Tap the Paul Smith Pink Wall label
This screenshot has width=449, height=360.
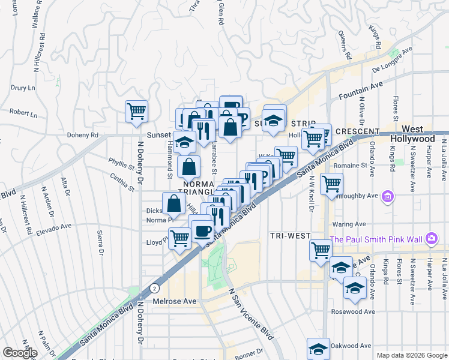[378, 239]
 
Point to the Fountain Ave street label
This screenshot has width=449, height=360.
[360, 91]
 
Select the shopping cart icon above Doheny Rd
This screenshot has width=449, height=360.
[136, 111]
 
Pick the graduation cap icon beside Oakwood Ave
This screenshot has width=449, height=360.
[318, 349]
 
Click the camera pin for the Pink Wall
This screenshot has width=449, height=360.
[432, 239]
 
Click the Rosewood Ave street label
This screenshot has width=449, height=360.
[353, 311]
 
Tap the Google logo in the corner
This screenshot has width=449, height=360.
[20, 352]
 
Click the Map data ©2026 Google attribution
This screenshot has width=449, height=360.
[411, 355]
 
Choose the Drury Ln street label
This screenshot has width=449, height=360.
[23, 88]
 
